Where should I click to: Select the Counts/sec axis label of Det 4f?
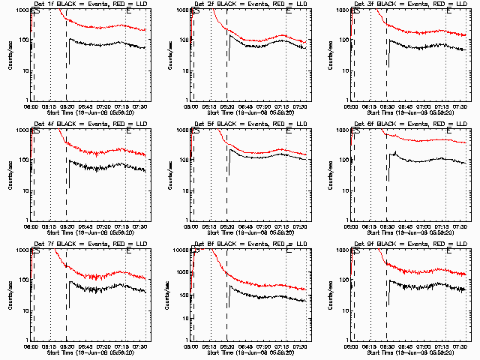[10, 175]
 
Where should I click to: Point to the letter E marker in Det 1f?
[128, 13]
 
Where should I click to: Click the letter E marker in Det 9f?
[448, 253]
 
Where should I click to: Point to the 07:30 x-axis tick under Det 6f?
[460, 226]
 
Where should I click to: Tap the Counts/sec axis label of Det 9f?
[331, 295]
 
